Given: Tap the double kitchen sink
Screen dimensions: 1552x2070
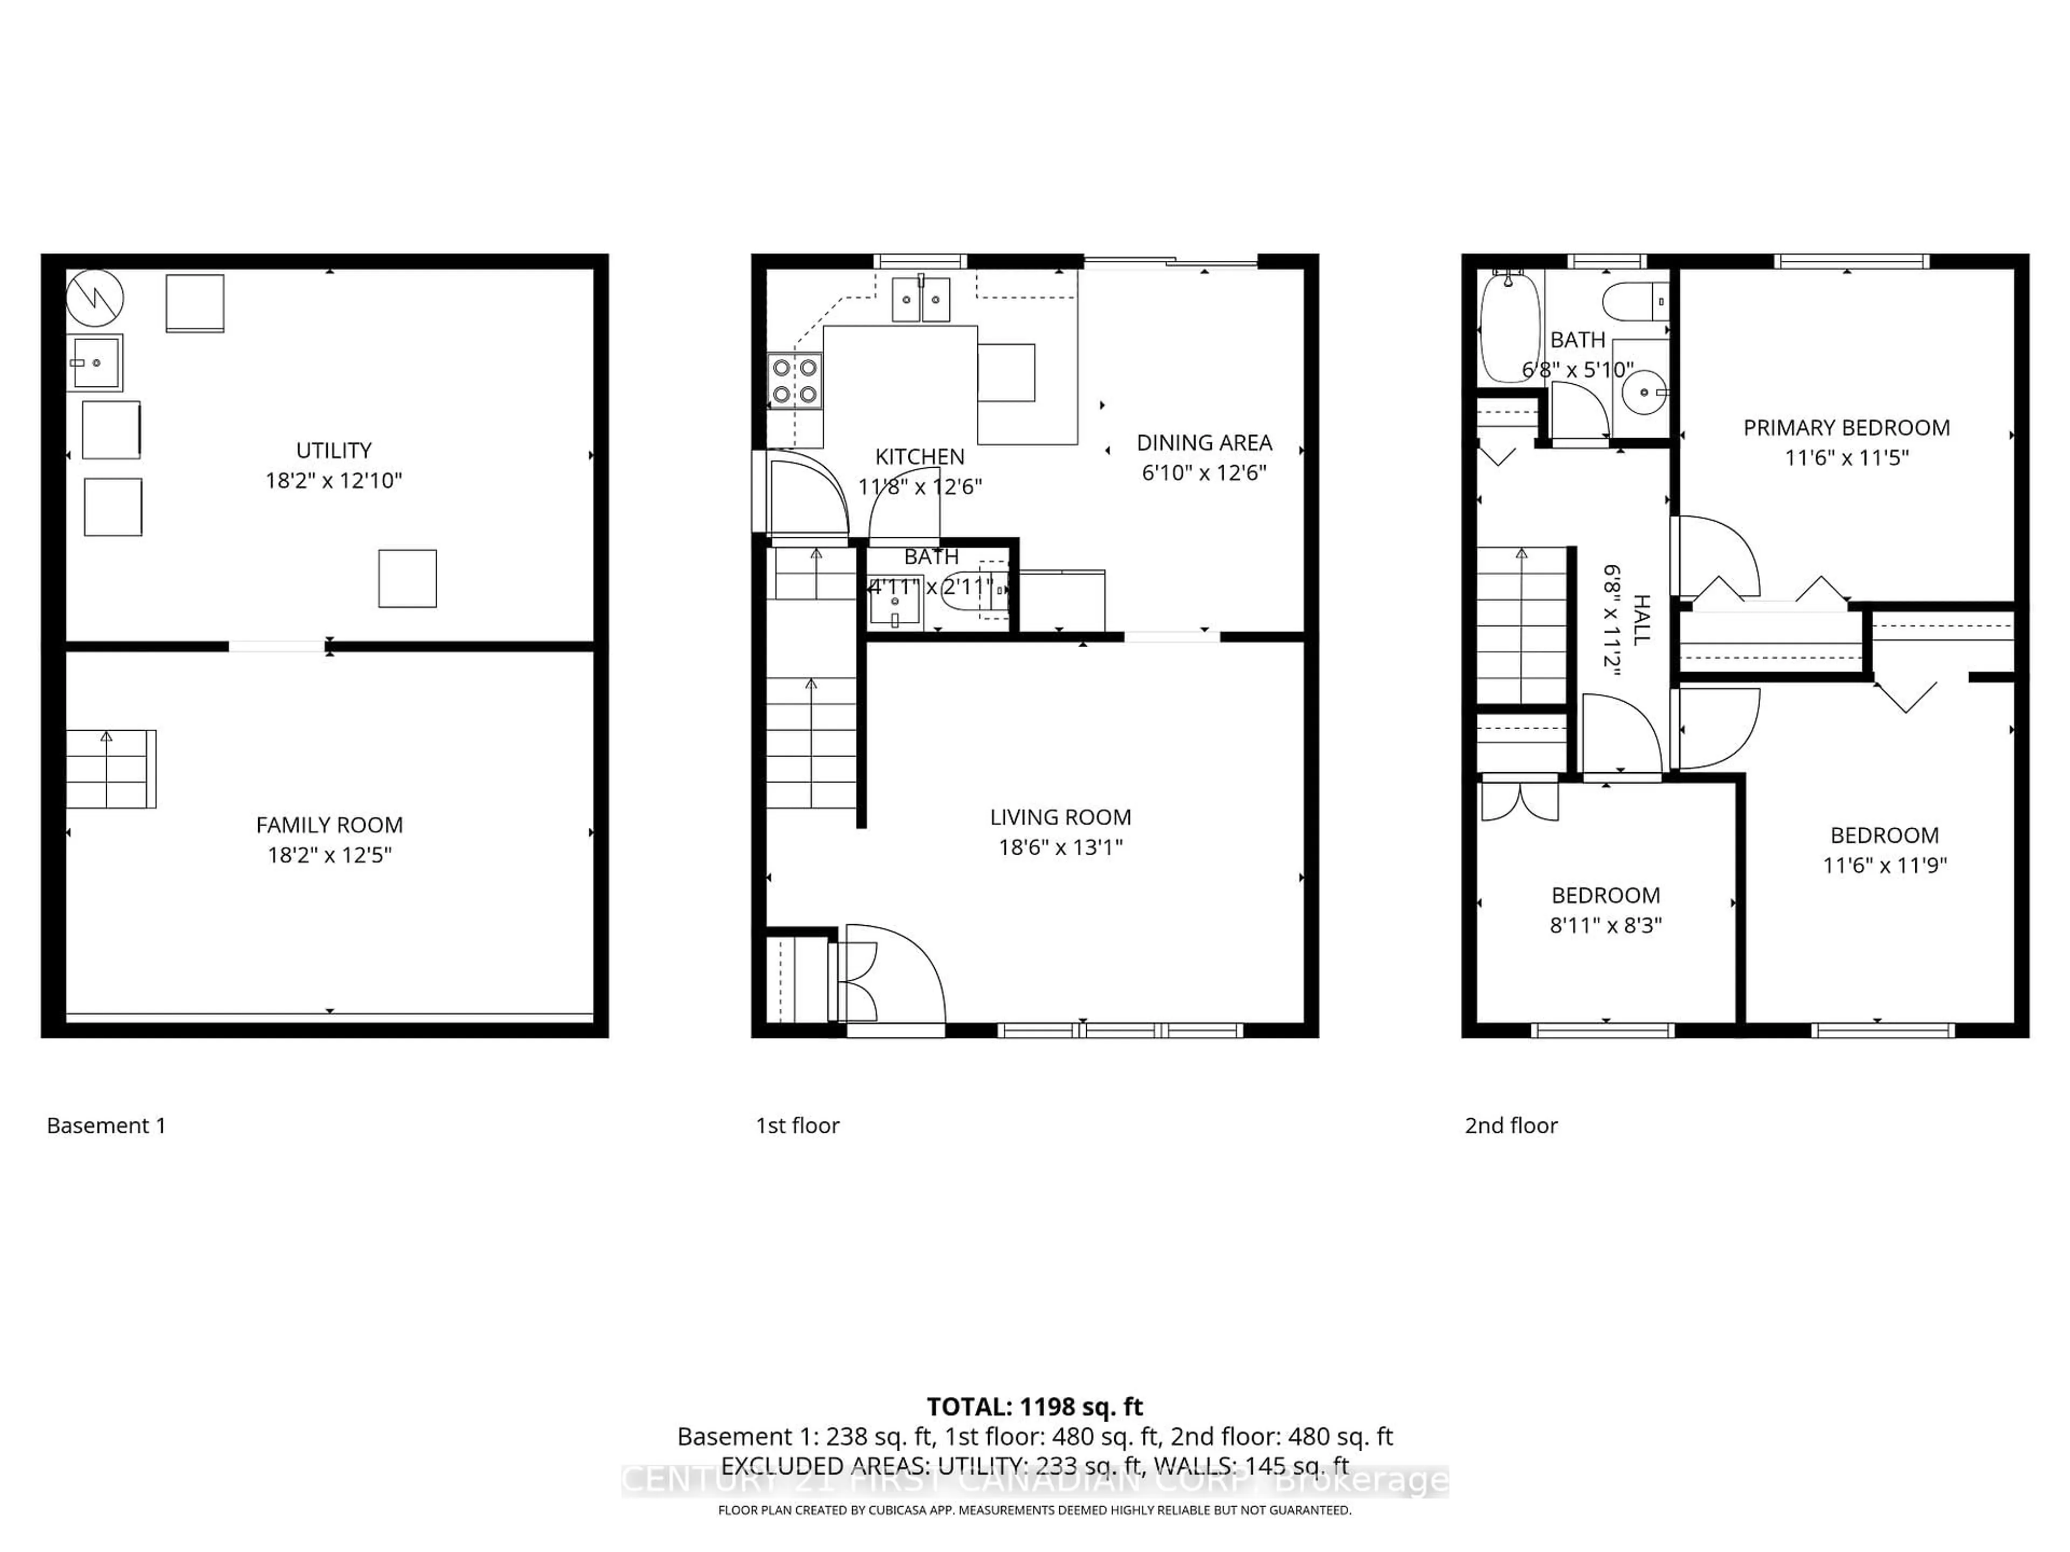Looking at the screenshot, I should point(920,300).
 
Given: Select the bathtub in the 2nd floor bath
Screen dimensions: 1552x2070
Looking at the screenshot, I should point(1508,327).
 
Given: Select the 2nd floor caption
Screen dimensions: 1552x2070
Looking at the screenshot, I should point(1510,1125).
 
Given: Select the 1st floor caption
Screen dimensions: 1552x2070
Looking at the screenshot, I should point(797,1125).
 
